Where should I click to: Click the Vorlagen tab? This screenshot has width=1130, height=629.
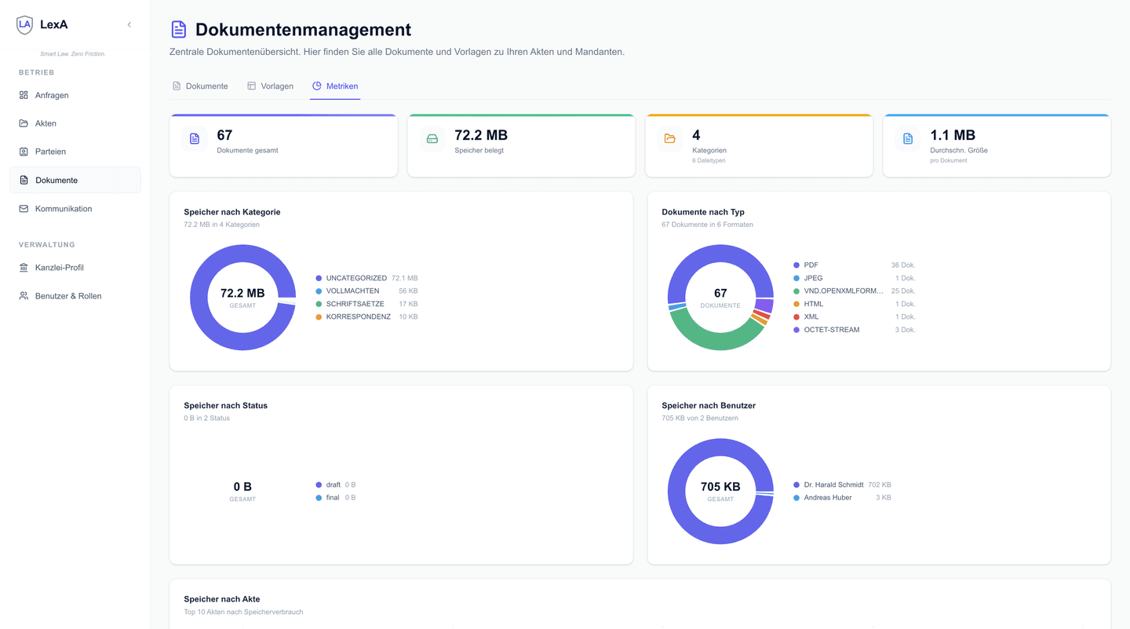pyautogui.click(x=270, y=86)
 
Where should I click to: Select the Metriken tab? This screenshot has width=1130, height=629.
pyautogui.click(x=335, y=86)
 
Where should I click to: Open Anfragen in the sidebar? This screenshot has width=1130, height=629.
pyautogui.click(x=52, y=95)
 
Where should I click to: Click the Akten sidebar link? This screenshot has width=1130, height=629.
pyautogui.click(x=46, y=123)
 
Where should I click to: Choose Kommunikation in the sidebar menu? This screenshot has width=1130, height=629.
pyautogui.click(x=63, y=209)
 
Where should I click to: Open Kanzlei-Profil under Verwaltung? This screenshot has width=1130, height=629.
pyautogui.click(x=59, y=268)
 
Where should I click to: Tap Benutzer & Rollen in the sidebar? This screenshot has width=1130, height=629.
pyautogui.click(x=67, y=296)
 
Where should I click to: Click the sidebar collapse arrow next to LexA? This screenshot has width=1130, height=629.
pyautogui.click(x=129, y=24)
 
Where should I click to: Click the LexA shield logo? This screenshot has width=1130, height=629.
pyautogui.click(x=25, y=24)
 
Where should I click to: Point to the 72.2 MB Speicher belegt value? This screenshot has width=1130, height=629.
pyautogui.click(x=481, y=135)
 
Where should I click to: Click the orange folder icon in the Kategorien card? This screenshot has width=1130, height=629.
pyautogui.click(x=669, y=139)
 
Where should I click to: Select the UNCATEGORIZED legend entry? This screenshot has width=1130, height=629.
pyautogui.click(x=355, y=278)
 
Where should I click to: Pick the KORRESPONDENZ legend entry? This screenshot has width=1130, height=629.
pyautogui.click(x=358, y=316)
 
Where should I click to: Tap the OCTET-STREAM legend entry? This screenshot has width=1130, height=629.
pyautogui.click(x=831, y=330)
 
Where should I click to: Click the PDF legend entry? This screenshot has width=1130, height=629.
pyautogui.click(x=811, y=265)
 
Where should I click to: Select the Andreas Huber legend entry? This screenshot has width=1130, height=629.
pyautogui.click(x=827, y=497)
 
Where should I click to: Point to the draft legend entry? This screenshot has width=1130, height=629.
pyautogui.click(x=333, y=485)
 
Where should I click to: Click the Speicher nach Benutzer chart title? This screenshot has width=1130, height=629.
pyautogui.click(x=709, y=405)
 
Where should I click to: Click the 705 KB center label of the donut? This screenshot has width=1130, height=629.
pyautogui.click(x=720, y=487)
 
